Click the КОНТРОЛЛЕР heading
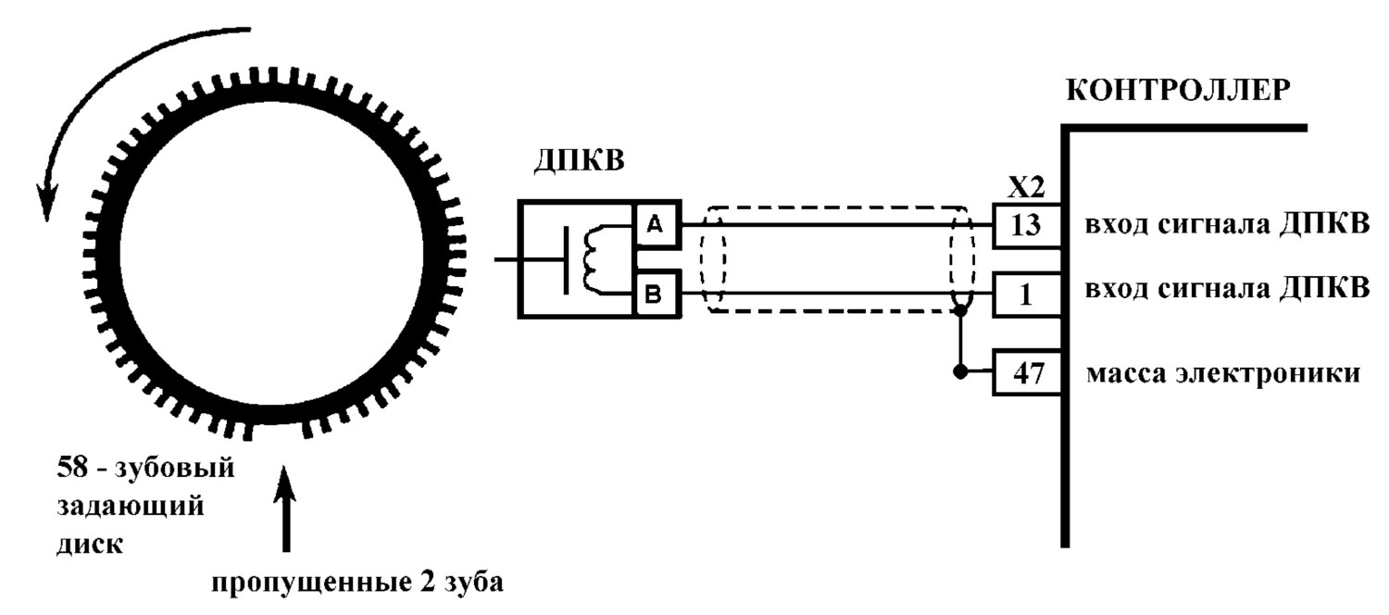(1178, 91)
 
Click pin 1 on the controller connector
(1026, 295)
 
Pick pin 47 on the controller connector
(1026, 372)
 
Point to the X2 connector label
(1026, 187)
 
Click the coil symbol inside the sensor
(594, 259)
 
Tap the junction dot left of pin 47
(960, 372)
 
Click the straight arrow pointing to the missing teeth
(285, 508)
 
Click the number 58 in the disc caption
(72, 467)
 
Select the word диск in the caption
(90, 544)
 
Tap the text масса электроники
(1223, 373)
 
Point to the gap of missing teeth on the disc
(277, 428)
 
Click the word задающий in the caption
(131, 507)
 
